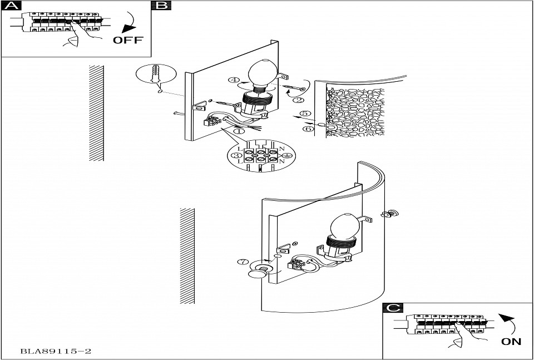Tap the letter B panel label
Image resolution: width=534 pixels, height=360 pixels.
[161, 6]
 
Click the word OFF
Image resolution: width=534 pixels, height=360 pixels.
[128, 40]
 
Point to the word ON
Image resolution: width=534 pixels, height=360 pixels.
[511, 342]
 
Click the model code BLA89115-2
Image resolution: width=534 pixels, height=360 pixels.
[56, 352]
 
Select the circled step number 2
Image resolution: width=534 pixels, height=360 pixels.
[298, 100]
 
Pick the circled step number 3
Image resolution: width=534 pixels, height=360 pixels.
[237, 155]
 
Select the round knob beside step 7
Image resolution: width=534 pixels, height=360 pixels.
[257, 273]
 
